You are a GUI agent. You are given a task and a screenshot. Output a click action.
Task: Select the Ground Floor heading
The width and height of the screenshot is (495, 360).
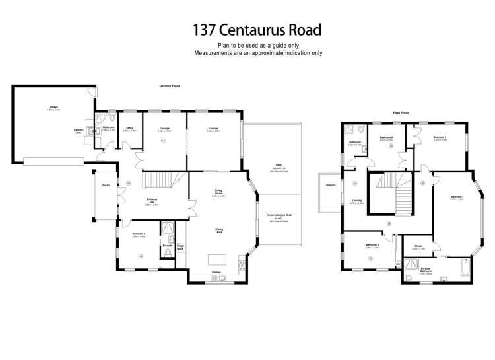pyautogui.click(x=170, y=86)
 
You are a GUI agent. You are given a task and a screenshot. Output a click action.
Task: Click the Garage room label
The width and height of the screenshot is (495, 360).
pyautogui.click(x=53, y=107)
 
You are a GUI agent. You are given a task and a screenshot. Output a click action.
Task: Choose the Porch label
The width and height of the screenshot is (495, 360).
pyautogui.click(x=106, y=184)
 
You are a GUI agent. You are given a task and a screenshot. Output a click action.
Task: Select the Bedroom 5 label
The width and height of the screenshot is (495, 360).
pyautogui.click(x=139, y=234)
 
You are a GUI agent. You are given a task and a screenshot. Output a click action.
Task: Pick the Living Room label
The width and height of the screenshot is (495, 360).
pyautogui.click(x=218, y=194)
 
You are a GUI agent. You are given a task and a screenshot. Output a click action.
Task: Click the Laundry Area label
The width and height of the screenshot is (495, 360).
pyautogui.click(x=79, y=131)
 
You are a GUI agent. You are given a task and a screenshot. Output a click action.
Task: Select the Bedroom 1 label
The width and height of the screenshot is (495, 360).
pyautogui.click(x=457, y=197)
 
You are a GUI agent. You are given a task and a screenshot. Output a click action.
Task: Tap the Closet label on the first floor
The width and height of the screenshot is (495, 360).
pyautogui.click(x=418, y=246)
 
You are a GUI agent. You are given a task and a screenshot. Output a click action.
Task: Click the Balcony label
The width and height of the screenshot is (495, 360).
pyautogui.click(x=331, y=185)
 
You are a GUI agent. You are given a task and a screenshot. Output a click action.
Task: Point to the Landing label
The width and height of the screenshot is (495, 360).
pyautogui.click(x=356, y=201)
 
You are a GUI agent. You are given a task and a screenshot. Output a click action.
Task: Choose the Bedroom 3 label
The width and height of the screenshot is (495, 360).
pyautogui.click(x=373, y=245)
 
